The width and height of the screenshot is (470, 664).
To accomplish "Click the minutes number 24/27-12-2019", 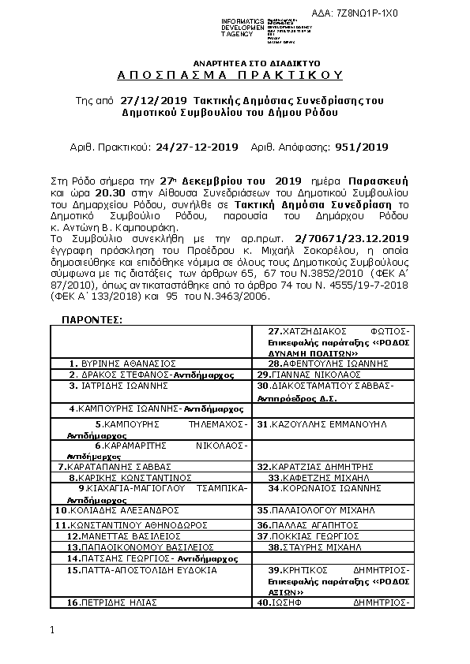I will click(197, 147).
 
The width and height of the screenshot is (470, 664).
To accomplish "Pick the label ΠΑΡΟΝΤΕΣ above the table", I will click(92, 319).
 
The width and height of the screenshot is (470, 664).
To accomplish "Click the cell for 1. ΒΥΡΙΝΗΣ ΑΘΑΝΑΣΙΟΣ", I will click(122, 364).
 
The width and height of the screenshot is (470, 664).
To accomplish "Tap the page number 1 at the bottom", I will click(51, 630).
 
